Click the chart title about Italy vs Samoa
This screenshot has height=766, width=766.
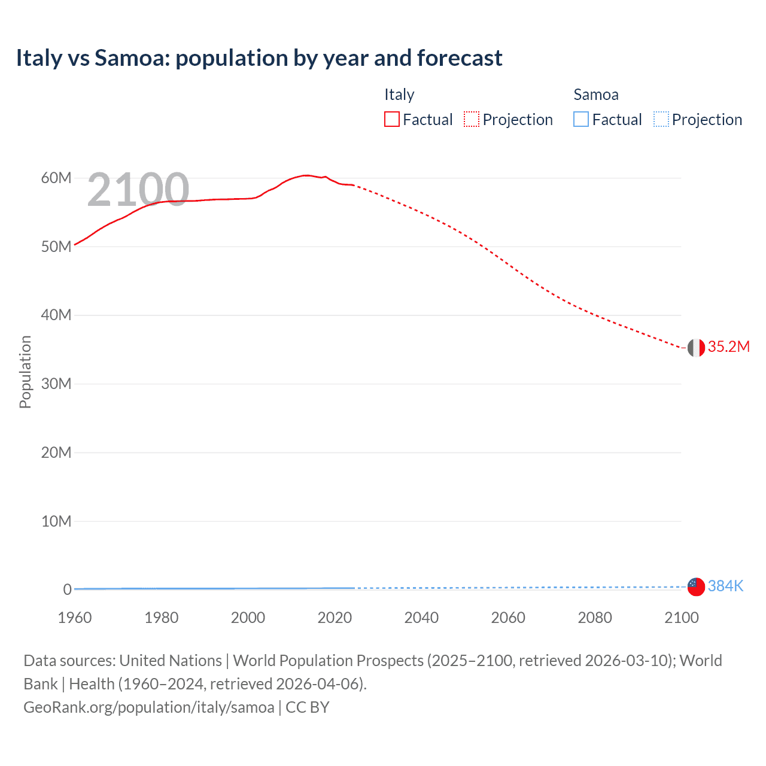click(259, 58)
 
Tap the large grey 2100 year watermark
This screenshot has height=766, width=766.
click(138, 190)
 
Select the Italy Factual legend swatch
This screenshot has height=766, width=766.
click(391, 120)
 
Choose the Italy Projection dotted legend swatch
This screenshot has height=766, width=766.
click(472, 120)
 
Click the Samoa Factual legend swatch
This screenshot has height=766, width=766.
click(580, 120)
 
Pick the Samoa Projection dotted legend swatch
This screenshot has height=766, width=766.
click(661, 120)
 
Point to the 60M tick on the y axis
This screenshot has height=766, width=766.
click(56, 178)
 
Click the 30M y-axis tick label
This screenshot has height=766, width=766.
click(56, 384)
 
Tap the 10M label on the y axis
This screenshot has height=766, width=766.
click(56, 521)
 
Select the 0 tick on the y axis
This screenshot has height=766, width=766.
click(67, 589)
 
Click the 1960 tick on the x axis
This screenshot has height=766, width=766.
click(75, 618)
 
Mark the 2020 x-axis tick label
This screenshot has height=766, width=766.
click(335, 618)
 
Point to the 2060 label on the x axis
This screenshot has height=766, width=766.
click(508, 618)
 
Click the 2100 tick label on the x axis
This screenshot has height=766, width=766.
click(681, 618)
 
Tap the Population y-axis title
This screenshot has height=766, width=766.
click(25, 372)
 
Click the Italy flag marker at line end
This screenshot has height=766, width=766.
click(696, 347)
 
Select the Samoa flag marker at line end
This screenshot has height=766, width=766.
click(696, 586)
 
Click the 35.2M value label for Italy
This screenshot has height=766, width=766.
click(728, 347)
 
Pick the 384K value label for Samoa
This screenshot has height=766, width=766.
click(725, 586)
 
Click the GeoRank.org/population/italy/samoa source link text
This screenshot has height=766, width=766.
click(148, 707)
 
